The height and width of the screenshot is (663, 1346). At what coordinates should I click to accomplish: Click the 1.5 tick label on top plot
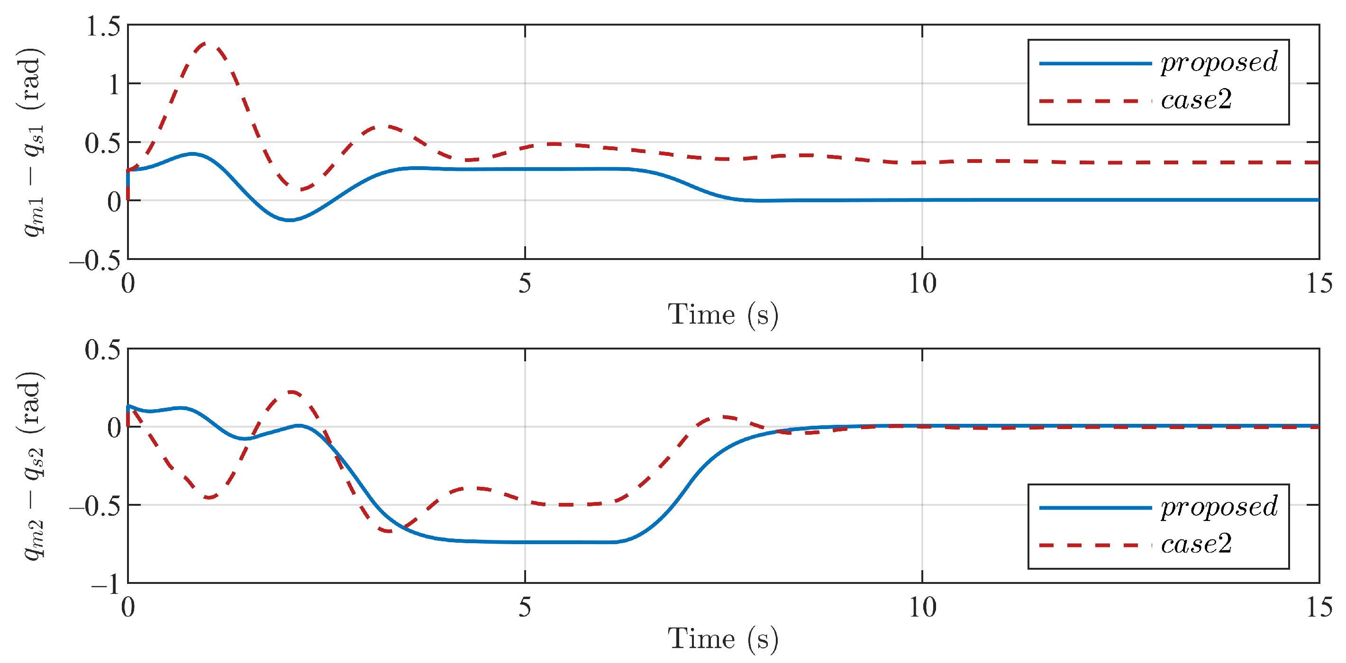pos(102,26)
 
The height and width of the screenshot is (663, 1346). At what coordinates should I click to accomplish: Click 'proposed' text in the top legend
pos(1219,63)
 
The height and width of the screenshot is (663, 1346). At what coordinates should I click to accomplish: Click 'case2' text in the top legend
pos(1196,100)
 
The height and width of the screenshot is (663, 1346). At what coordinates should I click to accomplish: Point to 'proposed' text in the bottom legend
pos(1219,507)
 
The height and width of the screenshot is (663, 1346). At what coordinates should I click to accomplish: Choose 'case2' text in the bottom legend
pos(1196,545)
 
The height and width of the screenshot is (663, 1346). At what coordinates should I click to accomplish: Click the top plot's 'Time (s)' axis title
pos(723,315)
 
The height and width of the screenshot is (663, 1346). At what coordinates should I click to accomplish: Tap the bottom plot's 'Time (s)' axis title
pos(723,639)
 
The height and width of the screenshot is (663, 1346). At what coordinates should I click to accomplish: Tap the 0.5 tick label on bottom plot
pos(102,350)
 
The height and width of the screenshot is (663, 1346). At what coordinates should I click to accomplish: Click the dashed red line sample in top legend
pos(1095,101)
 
